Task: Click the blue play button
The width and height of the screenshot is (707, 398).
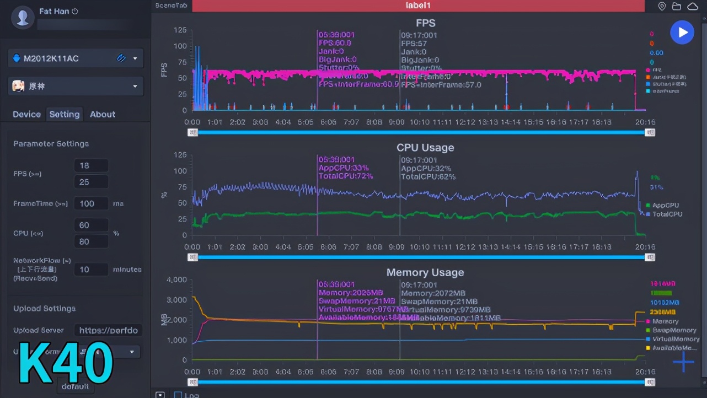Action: click(682, 33)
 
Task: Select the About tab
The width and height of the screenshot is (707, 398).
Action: click(103, 114)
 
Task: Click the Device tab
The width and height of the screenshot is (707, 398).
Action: click(26, 114)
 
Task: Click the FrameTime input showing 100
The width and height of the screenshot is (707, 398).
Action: click(91, 203)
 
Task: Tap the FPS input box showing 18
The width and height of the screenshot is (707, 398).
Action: click(91, 165)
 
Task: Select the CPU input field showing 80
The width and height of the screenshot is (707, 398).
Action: click(91, 241)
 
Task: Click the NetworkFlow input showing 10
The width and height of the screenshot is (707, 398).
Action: click(91, 270)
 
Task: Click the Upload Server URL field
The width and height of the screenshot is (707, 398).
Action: click(108, 330)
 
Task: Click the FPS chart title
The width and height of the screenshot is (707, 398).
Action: click(425, 23)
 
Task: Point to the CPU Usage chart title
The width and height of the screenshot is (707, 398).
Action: click(425, 148)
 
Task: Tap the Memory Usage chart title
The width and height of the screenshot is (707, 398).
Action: click(425, 272)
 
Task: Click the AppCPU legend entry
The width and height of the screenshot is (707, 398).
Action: click(665, 205)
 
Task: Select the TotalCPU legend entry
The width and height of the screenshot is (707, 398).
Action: click(667, 214)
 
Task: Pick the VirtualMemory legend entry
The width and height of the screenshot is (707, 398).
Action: click(675, 339)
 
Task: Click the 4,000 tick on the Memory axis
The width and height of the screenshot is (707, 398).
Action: click(176, 279)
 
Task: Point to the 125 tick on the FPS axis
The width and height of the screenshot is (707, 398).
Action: click(180, 30)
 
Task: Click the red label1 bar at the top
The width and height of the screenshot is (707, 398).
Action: click(418, 6)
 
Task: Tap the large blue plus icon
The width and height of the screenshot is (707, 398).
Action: click(683, 362)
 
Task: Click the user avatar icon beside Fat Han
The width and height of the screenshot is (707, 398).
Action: click(23, 17)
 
